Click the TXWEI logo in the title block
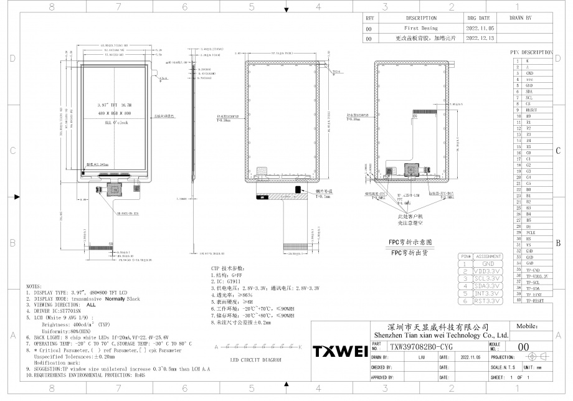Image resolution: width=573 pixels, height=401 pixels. pyautogui.click(x=340, y=352)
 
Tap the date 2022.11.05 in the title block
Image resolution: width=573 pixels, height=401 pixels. pyautogui.click(x=471, y=358)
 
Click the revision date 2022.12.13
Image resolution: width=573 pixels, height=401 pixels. pyautogui.click(x=478, y=38)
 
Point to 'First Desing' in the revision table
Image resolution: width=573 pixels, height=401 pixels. pyautogui.click(x=421, y=29)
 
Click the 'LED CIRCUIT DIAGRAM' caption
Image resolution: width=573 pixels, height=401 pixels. pyautogui.click(x=256, y=361)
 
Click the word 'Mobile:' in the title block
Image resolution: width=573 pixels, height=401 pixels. pyautogui.click(x=528, y=326)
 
